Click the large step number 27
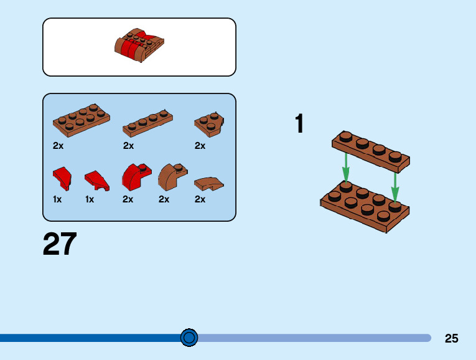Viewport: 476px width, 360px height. [60, 244]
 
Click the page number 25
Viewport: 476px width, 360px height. [452, 338]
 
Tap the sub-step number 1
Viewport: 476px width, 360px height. [299, 124]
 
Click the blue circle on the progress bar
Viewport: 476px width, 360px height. [189, 338]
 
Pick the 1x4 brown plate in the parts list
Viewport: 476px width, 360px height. [147, 123]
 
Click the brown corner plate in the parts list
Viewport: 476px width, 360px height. [208, 123]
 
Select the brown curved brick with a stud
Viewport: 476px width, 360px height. [172, 177]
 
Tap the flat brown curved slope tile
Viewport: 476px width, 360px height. [208, 184]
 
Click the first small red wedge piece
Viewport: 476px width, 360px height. [62, 178]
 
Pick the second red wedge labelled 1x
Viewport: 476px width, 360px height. [97, 180]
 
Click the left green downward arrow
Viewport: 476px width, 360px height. [346, 167]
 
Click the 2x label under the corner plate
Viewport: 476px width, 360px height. [200, 146]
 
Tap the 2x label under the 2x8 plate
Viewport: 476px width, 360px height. [58, 146]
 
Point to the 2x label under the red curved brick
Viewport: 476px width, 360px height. [128, 199]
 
